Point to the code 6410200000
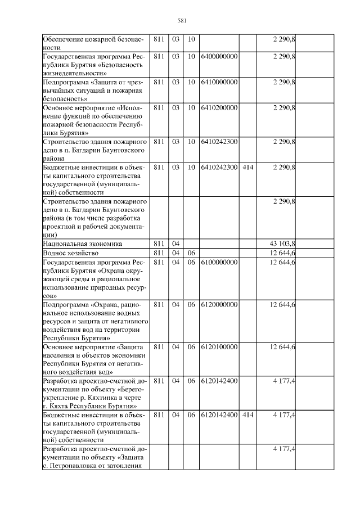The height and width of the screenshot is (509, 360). (x=219, y=107)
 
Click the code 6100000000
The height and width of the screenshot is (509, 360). (x=219, y=263)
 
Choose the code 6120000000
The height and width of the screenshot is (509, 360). (x=219, y=304)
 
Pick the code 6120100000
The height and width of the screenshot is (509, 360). (x=219, y=346)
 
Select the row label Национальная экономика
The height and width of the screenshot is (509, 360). (x=83, y=244)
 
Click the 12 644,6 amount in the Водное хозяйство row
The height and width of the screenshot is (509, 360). (x=283, y=253)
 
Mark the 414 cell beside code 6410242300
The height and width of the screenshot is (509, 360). (x=247, y=167)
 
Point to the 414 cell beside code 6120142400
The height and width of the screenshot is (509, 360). (x=247, y=415)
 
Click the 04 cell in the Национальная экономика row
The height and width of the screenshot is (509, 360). (x=175, y=244)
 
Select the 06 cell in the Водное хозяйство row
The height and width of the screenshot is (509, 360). (x=191, y=253)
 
